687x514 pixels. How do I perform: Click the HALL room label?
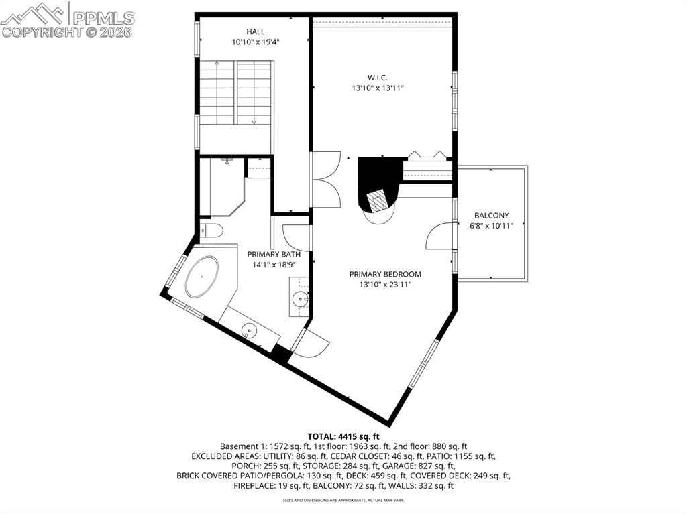click(x=255, y=31)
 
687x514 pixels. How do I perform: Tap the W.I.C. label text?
click(x=378, y=78)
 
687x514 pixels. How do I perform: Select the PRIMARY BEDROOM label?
click(x=385, y=274)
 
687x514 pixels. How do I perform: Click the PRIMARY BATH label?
click(x=274, y=254)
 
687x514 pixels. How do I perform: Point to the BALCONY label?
click(x=491, y=216)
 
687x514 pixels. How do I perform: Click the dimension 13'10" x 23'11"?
click(x=385, y=285)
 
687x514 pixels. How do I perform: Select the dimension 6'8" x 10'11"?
click(x=491, y=227)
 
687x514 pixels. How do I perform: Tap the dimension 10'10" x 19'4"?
click(x=255, y=42)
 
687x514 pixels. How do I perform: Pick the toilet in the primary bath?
click(x=213, y=231)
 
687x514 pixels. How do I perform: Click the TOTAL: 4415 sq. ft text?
click(x=343, y=436)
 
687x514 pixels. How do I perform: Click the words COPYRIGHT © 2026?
click(x=67, y=31)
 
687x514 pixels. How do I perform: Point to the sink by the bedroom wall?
click(x=300, y=298)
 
